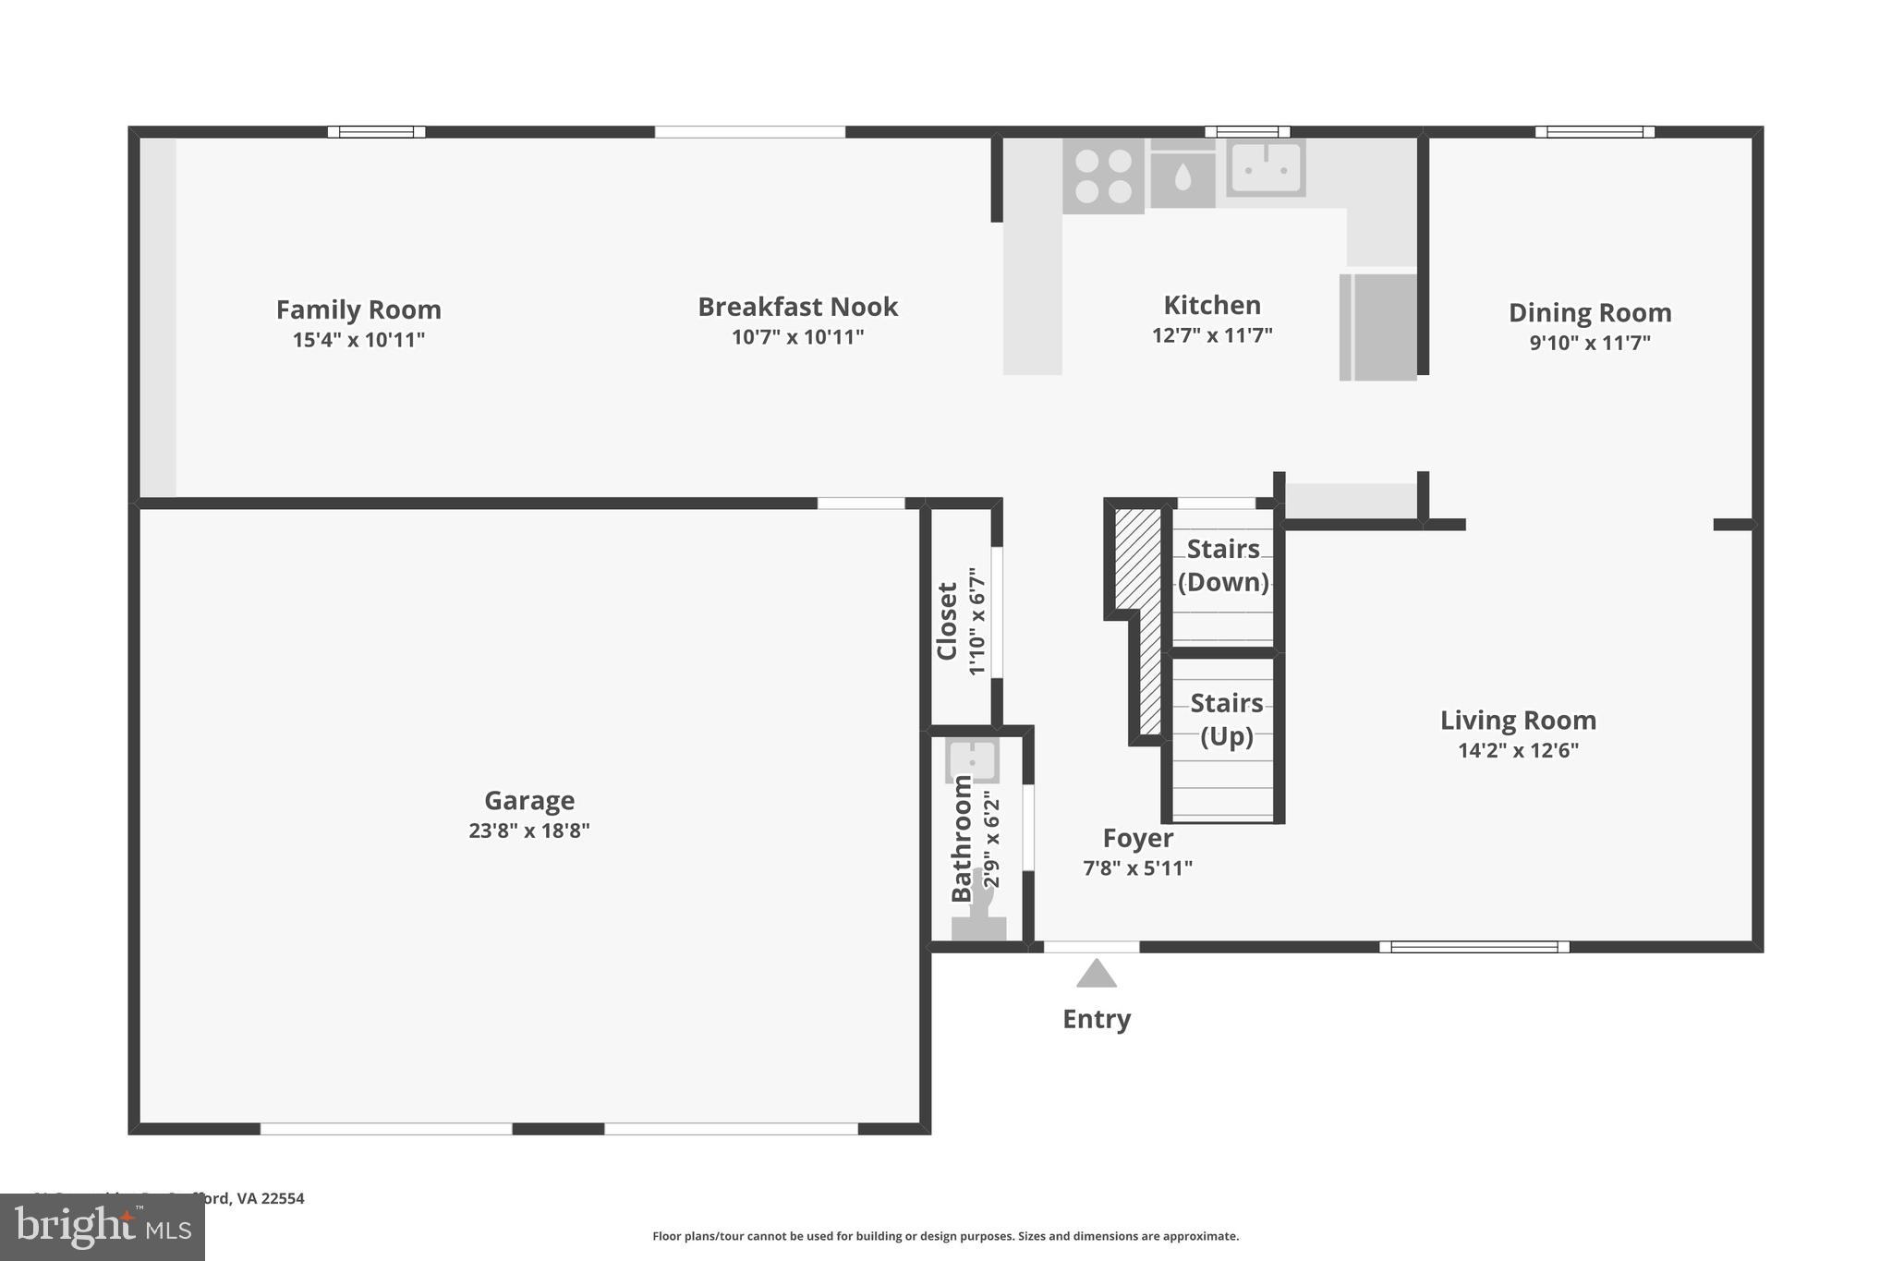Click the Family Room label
[358, 309]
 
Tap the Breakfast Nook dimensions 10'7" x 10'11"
[797, 337]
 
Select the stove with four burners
[1103, 176]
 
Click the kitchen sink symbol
[1266, 168]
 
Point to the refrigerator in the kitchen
[1378, 326]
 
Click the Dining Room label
[1590, 313]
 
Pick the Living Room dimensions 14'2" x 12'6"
[1518, 750]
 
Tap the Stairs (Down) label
[1223, 565]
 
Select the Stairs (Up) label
[1226, 720]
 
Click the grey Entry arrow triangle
[1097, 975]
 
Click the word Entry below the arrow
[1097, 1019]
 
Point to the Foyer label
[1137, 838]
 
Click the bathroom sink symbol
[972, 760]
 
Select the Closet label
[947, 621]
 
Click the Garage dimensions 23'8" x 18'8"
[528, 831]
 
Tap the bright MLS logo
[102, 1227]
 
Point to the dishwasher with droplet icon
[1182, 178]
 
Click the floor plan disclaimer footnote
[945, 1236]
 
